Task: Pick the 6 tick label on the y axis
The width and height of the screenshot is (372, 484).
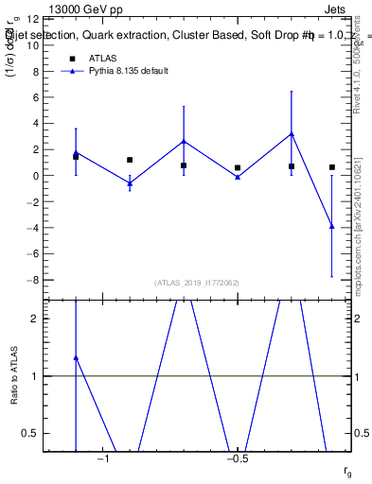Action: tap(35, 97)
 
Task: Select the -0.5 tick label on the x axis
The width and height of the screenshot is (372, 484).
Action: tap(236, 459)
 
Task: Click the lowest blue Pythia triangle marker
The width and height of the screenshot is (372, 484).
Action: tap(331, 226)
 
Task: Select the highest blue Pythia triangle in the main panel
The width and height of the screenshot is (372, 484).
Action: tap(292, 133)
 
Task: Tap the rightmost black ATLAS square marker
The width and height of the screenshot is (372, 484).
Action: tap(331, 167)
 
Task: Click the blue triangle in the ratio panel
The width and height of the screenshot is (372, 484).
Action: tap(76, 358)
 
